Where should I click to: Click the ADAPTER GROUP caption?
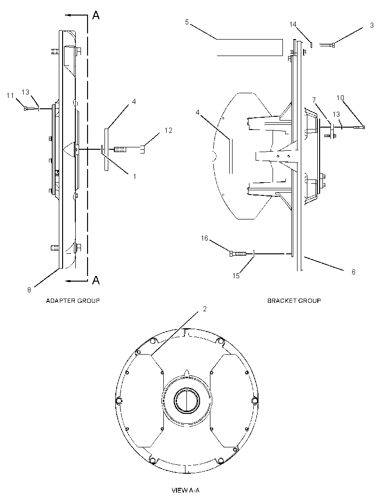coord(73,300)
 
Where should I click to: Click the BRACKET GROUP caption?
coord(294,300)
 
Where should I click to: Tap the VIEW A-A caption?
coord(185,490)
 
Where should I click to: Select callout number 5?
coord(187,22)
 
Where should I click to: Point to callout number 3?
coord(371,25)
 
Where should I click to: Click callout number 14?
coord(293,24)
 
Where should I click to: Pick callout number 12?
coord(169,130)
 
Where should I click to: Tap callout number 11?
coord(10,96)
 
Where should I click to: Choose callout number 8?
coord(29,290)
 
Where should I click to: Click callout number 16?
coord(204,238)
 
